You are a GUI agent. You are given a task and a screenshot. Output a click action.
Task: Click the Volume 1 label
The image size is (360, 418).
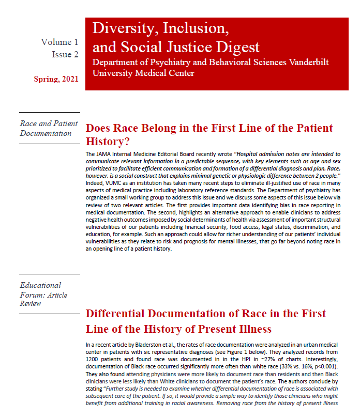coord(59,42)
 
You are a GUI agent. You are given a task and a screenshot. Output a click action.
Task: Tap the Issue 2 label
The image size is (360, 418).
coord(65,54)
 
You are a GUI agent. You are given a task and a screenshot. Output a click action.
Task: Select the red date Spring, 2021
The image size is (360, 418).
coord(56,79)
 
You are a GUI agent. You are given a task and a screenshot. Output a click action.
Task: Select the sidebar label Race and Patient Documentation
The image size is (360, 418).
coord(49,128)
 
